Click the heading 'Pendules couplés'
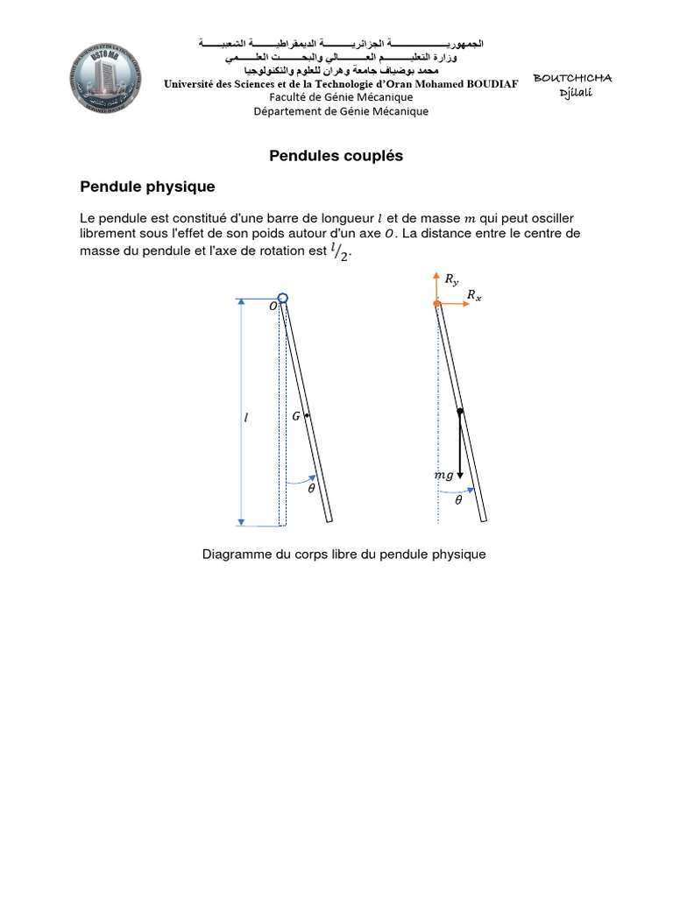(336, 156)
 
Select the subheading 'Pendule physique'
(147, 187)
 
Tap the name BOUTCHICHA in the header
(572, 79)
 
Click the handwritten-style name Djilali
(577, 94)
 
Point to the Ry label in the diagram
(451, 279)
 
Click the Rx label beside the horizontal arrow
(474, 296)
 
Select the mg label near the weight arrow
(443, 475)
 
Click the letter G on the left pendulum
(296, 417)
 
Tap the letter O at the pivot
(273, 307)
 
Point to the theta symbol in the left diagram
(310, 490)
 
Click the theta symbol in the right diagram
(457, 500)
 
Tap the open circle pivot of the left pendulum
(282, 299)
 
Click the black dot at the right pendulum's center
(460, 411)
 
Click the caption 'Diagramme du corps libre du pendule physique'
(344, 554)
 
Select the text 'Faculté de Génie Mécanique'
(341, 97)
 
